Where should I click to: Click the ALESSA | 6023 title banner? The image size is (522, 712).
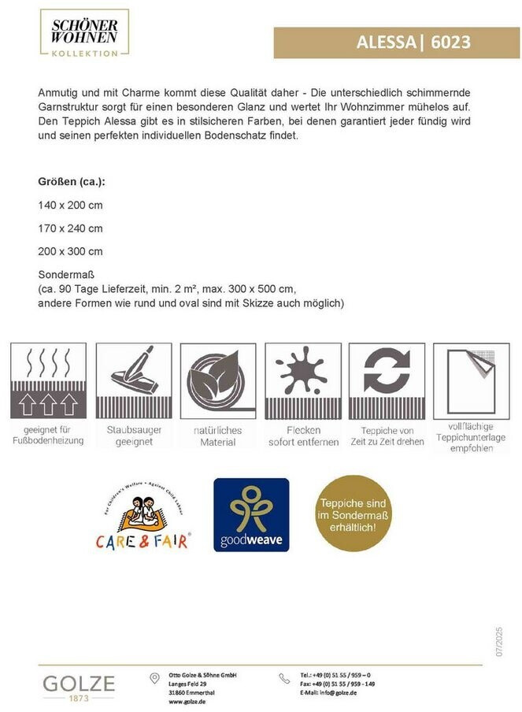click(x=396, y=43)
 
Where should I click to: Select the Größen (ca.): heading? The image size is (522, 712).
click(x=72, y=181)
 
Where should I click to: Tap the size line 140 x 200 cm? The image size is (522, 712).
click(x=71, y=205)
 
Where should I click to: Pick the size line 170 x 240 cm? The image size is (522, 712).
click(x=71, y=228)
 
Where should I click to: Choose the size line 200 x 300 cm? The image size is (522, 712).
click(x=71, y=251)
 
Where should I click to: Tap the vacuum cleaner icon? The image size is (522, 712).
click(x=133, y=380)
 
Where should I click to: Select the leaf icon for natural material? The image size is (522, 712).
click(x=218, y=380)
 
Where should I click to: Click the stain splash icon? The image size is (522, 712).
click(x=302, y=380)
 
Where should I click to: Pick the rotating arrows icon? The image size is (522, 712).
click(x=387, y=380)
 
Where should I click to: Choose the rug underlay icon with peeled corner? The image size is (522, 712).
click(x=471, y=380)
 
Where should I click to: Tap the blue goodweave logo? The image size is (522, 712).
click(x=251, y=514)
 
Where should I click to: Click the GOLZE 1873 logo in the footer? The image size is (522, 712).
click(x=79, y=686)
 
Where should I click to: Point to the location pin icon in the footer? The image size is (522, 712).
click(x=155, y=678)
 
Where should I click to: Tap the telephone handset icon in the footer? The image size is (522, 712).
click(x=284, y=678)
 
